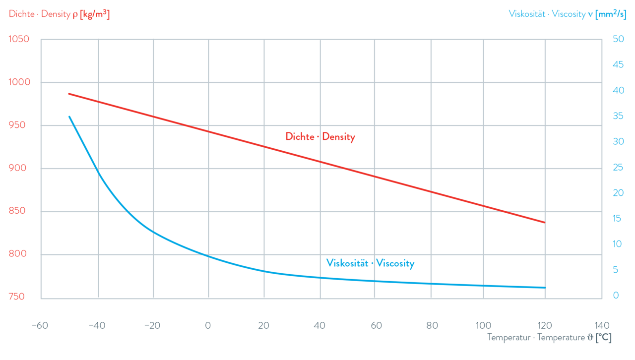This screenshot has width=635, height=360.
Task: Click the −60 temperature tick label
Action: tap(40, 326)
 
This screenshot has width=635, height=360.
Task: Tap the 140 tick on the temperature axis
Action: tap(601, 326)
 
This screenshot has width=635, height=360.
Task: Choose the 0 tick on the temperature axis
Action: tap(208, 326)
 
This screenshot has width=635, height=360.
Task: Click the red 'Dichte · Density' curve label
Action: tap(320, 137)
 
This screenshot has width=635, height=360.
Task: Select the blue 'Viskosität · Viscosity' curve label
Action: tap(370, 263)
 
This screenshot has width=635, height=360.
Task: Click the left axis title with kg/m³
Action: tap(59, 14)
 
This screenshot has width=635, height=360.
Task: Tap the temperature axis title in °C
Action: tap(549, 338)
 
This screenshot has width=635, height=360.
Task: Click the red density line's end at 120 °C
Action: tap(545, 222)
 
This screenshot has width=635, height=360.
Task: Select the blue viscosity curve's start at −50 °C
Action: tap(69, 116)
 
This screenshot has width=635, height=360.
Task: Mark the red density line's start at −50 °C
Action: tap(69, 93)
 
